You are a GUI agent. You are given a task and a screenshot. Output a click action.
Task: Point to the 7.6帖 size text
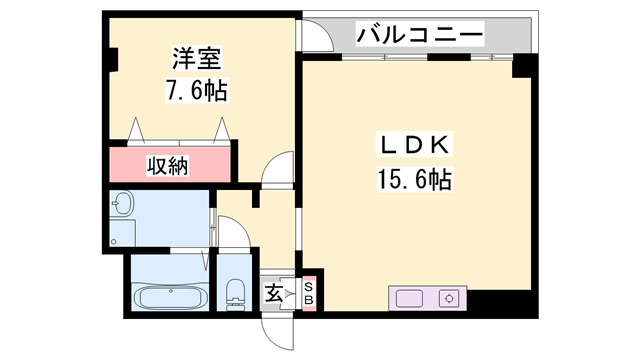196,91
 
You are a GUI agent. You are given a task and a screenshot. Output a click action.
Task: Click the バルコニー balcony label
421,37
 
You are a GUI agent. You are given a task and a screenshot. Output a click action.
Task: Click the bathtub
171,297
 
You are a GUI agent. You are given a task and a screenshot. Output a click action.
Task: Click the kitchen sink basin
410,298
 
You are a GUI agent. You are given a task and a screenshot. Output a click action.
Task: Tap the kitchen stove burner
449,298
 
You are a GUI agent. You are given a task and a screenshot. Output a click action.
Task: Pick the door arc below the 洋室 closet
275,169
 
